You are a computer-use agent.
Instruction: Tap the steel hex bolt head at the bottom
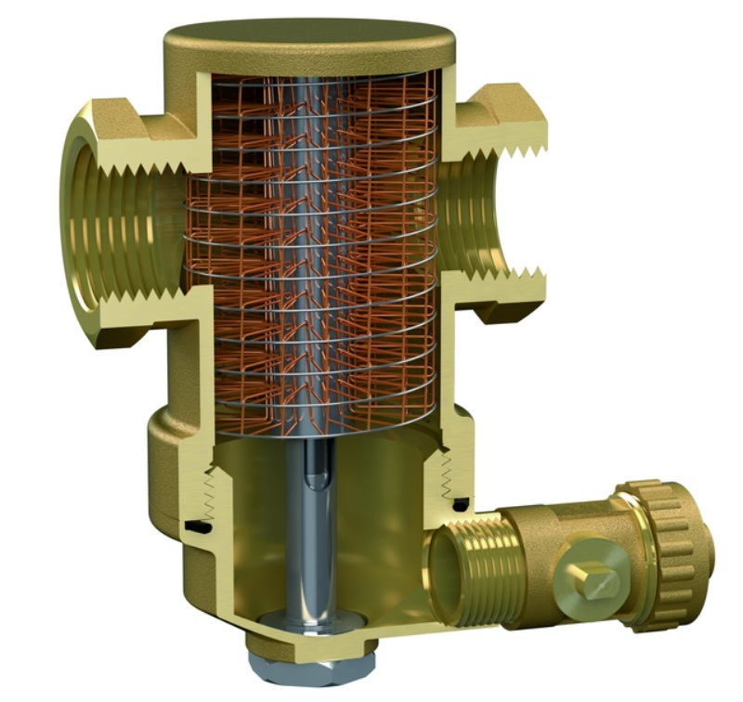pos(315,669)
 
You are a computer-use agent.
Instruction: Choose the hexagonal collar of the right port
pos(506,111)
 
